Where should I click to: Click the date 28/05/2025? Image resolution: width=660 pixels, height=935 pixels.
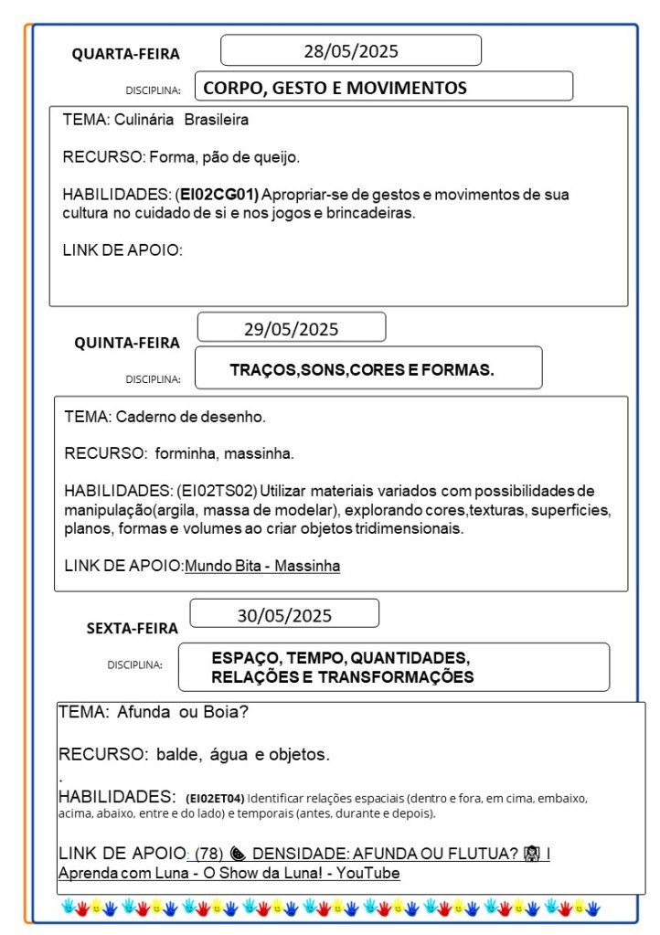click(351, 51)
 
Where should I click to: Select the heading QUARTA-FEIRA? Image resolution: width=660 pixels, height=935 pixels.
click(126, 54)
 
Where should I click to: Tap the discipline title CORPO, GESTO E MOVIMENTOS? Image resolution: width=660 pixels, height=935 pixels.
click(335, 88)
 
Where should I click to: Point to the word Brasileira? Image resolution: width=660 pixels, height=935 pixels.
click(217, 120)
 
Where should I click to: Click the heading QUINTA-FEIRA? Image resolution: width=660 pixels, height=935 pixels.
click(127, 343)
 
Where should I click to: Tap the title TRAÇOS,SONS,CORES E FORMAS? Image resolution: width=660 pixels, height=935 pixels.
click(362, 370)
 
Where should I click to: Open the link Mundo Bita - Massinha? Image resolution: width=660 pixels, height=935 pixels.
click(262, 566)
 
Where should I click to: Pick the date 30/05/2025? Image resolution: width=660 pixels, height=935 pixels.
click(284, 615)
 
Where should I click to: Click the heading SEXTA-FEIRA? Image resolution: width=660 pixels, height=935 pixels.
click(133, 628)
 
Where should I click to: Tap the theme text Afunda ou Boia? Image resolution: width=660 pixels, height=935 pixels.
click(183, 712)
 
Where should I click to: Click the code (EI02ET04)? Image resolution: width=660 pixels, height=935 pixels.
click(215, 797)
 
